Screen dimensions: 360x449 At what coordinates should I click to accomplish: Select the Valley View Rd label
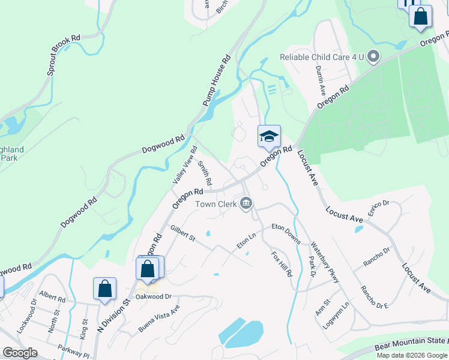tap(184, 164)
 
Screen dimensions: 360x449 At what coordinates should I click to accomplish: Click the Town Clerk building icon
tap(246, 205)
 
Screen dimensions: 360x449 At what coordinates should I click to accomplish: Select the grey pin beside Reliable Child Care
tap(373, 57)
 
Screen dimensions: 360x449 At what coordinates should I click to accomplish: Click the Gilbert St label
tap(182, 234)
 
